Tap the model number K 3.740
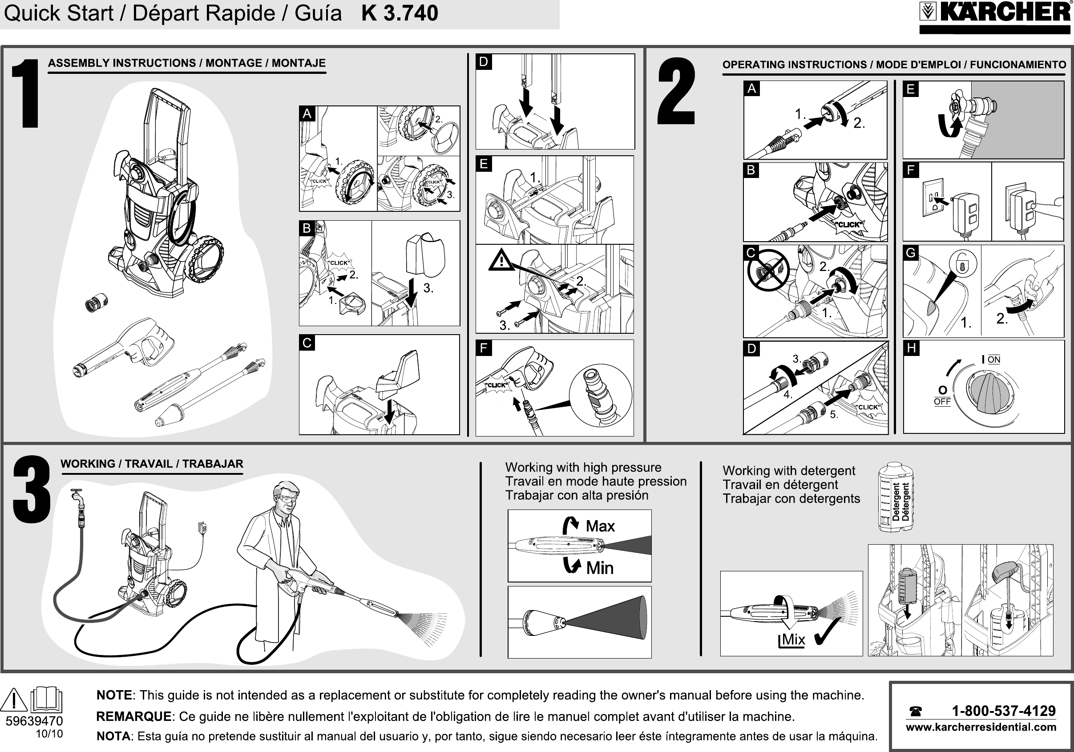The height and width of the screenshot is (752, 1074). (x=400, y=13)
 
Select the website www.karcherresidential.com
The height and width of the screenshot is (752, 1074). (x=981, y=727)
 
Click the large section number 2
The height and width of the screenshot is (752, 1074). (x=676, y=92)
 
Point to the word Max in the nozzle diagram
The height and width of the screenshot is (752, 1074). (x=600, y=526)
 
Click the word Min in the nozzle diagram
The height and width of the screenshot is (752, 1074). (x=600, y=568)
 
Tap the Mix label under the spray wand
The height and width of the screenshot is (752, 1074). (x=793, y=640)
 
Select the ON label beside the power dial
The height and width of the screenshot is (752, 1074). (x=993, y=360)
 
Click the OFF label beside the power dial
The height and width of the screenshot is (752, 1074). (x=942, y=401)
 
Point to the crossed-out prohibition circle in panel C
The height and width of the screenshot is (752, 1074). (x=768, y=271)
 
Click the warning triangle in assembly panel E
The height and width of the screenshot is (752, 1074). (x=501, y=260)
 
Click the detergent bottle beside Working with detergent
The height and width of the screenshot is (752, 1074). (x=896, y=497)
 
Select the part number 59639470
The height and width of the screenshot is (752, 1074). (x=34, y=721)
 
